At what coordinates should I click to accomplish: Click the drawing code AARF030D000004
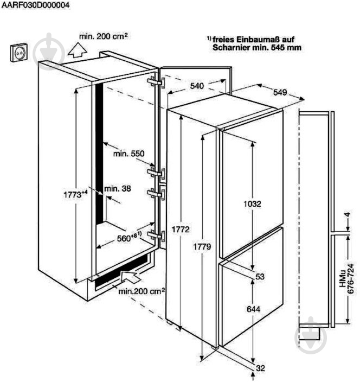point(36,5)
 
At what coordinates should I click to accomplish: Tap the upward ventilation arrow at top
point(77,50)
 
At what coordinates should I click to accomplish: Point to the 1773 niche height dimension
point(75,194)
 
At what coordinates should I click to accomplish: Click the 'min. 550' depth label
point(128,154)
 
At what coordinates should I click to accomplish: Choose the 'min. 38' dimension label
point(118,188)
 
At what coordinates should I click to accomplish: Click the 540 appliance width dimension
point(197,86)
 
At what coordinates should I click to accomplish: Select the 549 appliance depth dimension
point(280,92)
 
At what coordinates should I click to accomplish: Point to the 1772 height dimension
point(181,230)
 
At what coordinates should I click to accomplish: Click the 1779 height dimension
point(202,247)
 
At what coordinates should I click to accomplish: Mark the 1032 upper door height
point(253,203)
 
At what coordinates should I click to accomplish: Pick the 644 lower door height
point(253,309)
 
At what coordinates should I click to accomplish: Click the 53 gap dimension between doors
point(260,277)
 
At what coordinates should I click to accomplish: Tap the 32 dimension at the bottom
point(260,368)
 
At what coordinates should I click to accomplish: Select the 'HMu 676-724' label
point(346,279)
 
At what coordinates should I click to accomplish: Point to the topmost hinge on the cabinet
point(156,82)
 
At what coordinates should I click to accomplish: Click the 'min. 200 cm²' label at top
point(104,36)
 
